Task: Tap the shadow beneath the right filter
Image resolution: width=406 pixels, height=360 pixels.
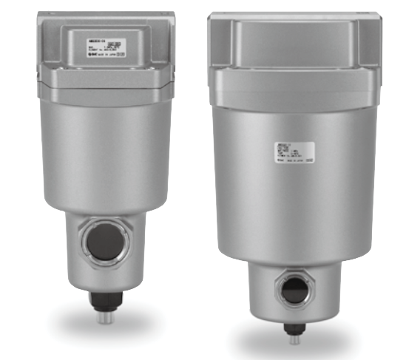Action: (296, 347)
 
